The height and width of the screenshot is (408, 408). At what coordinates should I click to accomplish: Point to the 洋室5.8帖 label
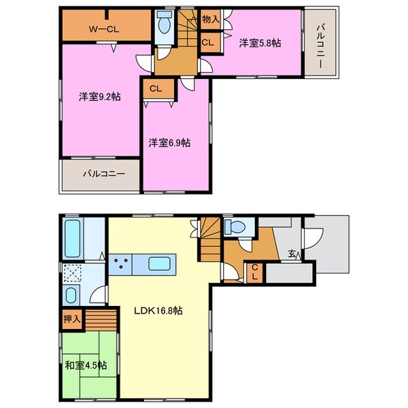[x=260, y=42]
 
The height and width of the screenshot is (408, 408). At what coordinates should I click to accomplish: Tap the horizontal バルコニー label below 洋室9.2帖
[x=103, y=174]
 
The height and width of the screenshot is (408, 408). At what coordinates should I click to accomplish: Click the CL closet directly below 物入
[x=208, y=42]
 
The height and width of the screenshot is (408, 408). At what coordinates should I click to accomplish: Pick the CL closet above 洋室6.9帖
[x=155, y=88]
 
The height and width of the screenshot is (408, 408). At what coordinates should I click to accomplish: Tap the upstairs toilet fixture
[x=163, y=25]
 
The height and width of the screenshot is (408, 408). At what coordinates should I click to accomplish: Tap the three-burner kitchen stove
[x=123, y=262]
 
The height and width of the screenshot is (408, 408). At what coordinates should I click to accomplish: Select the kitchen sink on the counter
[x=160, y=262]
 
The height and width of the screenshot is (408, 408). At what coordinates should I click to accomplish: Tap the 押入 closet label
[x=71, y=318]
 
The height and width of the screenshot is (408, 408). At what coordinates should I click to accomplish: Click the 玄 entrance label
[x=291, y=254]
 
